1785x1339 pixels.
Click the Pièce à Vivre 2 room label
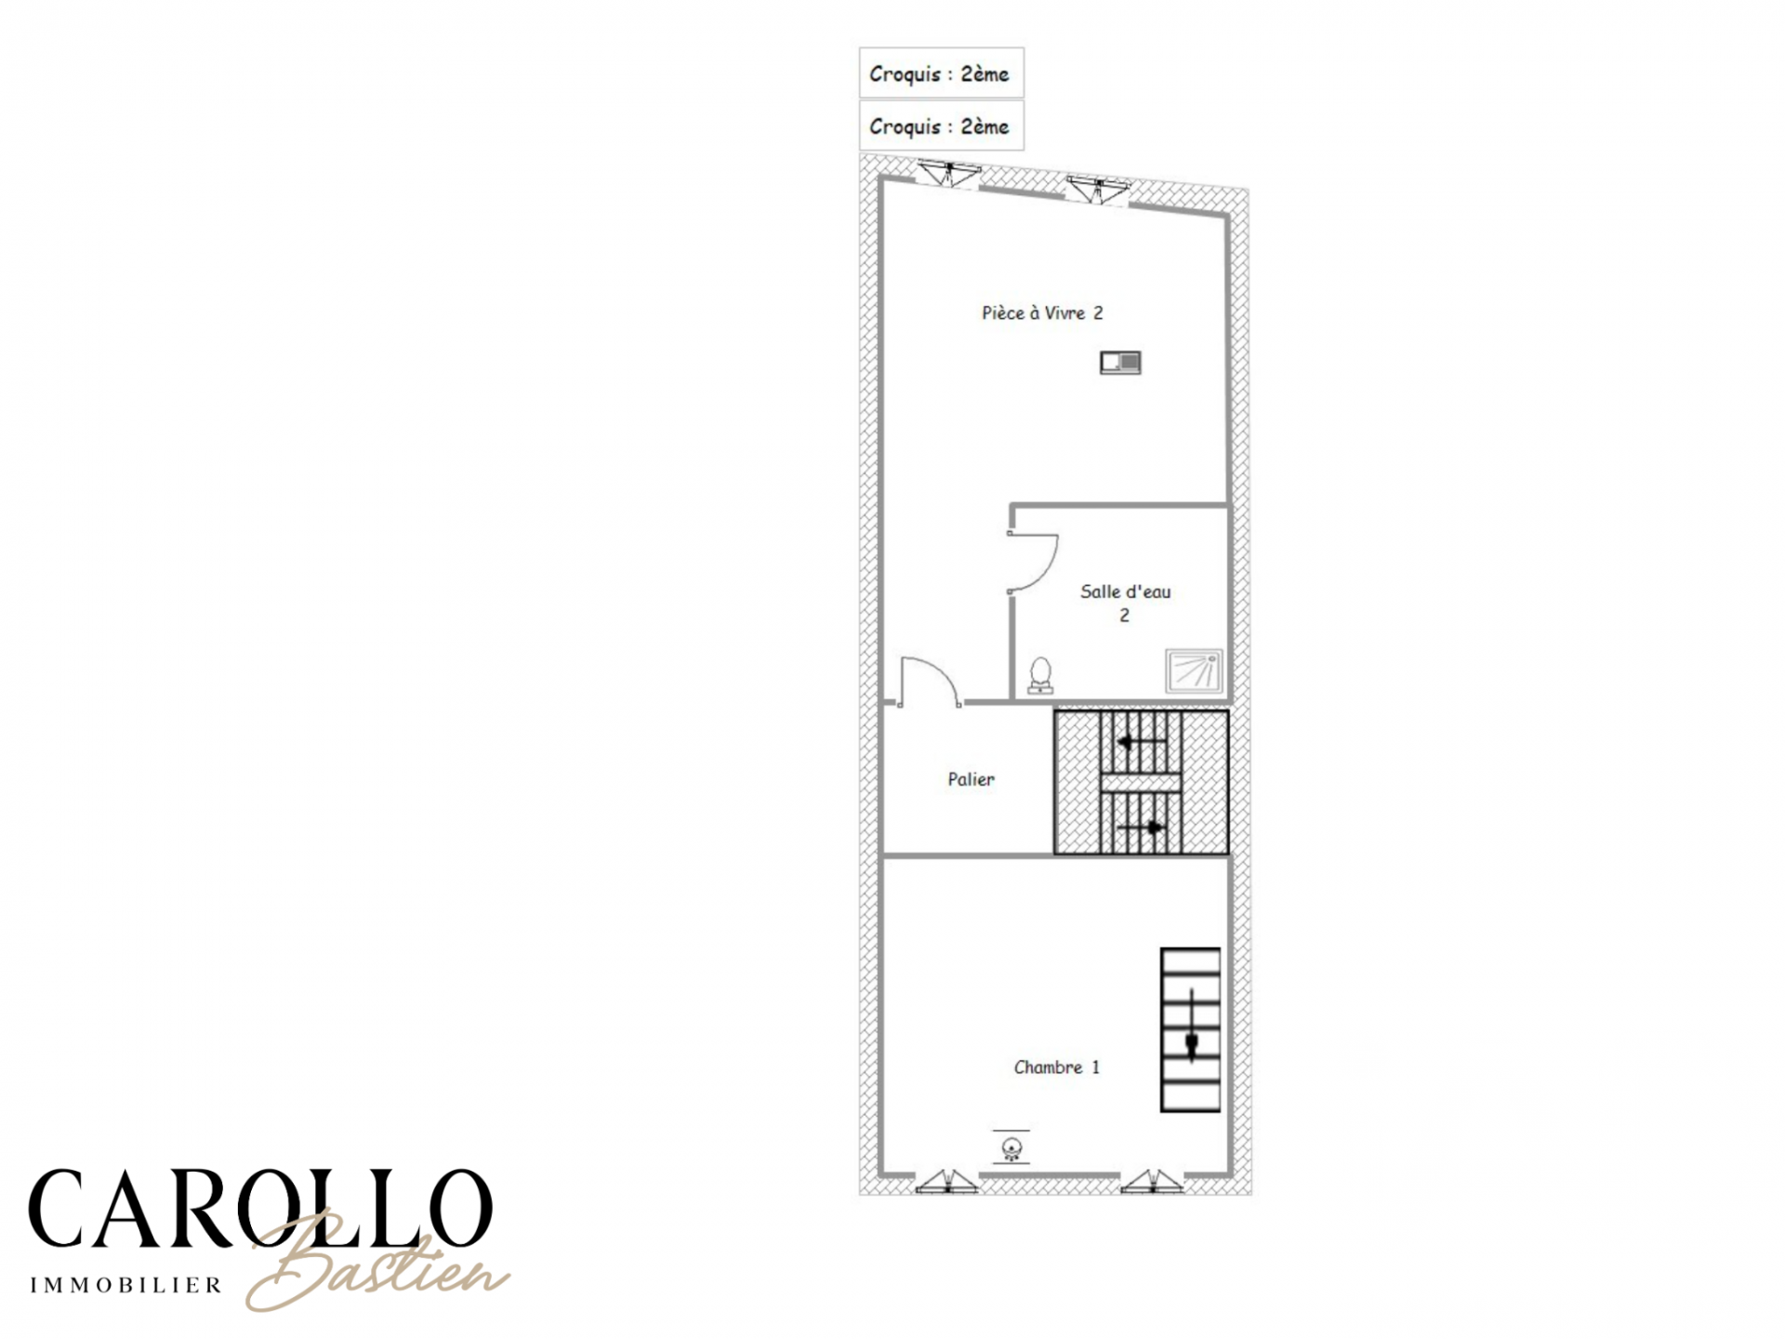[x=1042, y=313]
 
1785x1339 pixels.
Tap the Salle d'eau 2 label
[x=1125, y=603]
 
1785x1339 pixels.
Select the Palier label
[x=971, y=779]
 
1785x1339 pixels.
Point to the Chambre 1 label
[x=1056, y=1067]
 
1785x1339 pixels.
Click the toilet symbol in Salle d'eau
[x=1041, y=676]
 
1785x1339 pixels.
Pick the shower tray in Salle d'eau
[x=1194, y=671]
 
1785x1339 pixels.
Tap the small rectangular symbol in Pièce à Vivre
[x=1120, y=362]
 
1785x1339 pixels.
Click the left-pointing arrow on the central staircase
[x=1141, y=742]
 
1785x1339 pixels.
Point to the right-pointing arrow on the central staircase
[x=1141, y=827]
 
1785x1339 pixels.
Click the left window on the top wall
[x=948, y=174]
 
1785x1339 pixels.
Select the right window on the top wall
[x=1097, y=190]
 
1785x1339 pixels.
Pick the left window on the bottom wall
[x=947, y=1181]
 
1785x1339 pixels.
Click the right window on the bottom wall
[x=1152, y=1181]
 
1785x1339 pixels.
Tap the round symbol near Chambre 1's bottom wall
[x=1011, y=1147]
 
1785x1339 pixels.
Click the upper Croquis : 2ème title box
[x=941, y=73]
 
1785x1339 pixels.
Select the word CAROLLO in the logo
[x=260, y=1209]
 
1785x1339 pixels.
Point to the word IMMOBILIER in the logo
[x=126, y=1286]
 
